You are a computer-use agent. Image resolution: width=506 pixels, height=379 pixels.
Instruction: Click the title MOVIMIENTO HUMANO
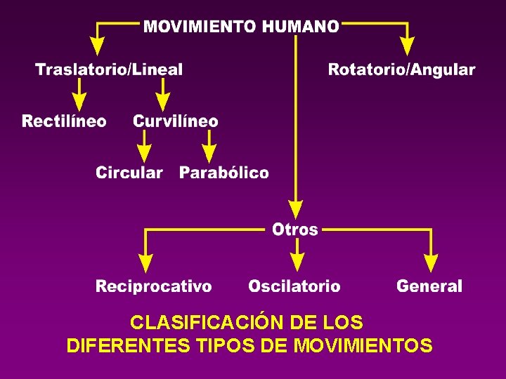pos(241,27)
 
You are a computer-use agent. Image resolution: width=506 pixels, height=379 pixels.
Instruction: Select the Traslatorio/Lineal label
pos(109,69)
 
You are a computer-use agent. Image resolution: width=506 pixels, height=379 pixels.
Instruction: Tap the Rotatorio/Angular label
pos(401,69)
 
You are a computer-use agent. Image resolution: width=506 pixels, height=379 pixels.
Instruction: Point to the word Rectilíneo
pos(64,121)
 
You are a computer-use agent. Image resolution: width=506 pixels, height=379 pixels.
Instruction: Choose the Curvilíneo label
pos(176,121)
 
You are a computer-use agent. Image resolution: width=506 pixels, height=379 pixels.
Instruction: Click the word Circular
pos(129,173)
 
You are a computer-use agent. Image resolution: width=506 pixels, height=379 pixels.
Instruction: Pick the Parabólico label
pos(223,173)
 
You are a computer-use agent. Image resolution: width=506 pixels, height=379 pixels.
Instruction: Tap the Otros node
pos(295,230)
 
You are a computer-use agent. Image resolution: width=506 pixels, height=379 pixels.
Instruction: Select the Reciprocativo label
pos(153,286)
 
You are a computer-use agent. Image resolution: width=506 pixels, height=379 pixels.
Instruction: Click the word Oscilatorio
pos(294,286)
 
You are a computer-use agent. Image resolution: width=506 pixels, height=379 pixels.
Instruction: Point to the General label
pos(429,286)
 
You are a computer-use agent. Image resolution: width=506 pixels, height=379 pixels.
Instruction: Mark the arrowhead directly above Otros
pos(296,208)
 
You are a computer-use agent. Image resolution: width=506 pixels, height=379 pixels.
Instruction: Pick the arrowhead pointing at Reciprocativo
pos(145,262)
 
